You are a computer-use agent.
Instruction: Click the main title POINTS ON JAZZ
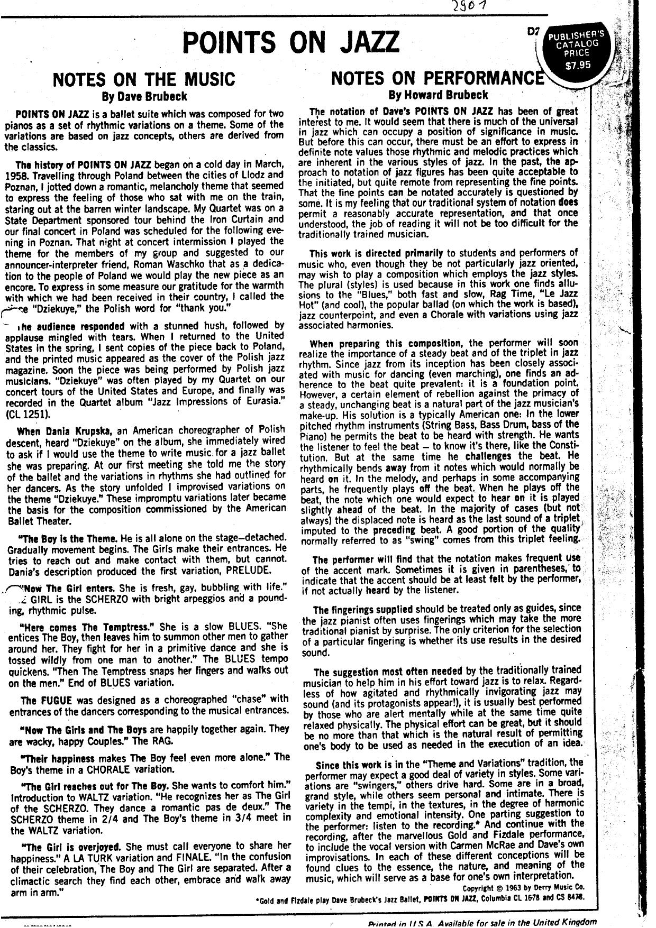[290, 42]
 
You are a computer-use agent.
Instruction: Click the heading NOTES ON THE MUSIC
[143, 79]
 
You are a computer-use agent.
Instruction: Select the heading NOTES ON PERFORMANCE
[438, 78]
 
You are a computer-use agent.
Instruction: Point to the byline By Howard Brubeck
[438, 95]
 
